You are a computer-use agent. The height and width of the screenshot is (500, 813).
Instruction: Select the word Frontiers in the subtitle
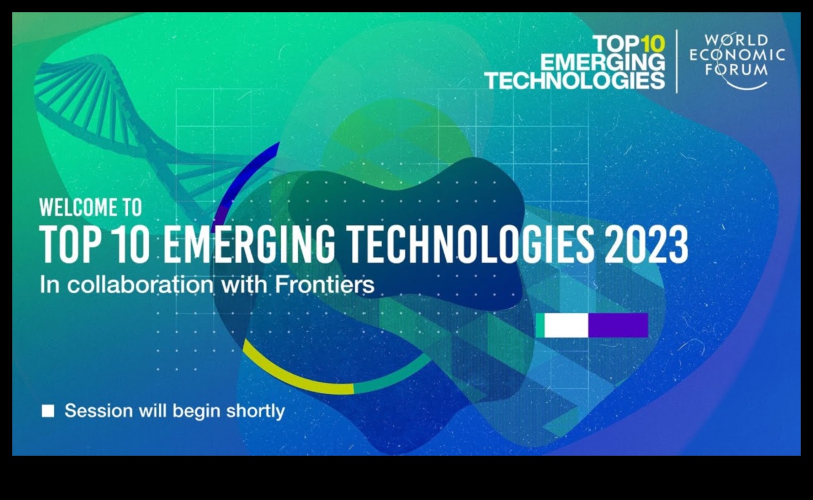click(x=325, y=284)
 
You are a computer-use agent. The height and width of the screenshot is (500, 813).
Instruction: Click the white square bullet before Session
click(x=48, y=411)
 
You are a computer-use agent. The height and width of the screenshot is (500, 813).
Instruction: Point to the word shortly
click(x=256, y=412)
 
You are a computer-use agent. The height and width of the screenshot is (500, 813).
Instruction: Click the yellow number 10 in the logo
click(x=652, y=44)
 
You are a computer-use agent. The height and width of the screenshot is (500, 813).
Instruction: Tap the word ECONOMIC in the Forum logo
click(x=737, y=55)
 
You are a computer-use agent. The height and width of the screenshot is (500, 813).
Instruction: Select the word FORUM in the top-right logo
click(x=737, y=70)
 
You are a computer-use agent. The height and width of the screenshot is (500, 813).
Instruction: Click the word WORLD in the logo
click(x=737, y=41)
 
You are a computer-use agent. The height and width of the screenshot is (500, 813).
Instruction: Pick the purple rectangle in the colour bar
click(x=618, y=325)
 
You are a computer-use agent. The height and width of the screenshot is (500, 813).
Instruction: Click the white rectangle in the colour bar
click(x=566, y=325)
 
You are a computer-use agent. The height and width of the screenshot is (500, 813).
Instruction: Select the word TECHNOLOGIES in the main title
click(x=471, y=244)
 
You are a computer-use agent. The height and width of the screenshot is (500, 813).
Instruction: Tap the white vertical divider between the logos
click(x=677, y=62)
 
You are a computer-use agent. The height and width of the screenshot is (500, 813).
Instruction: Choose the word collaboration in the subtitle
click(x=140, y=284)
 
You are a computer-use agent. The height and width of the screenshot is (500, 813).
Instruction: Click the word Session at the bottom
click(x=99, y=411)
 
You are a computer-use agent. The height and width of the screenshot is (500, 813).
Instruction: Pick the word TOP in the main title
click(x=70, y=244)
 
